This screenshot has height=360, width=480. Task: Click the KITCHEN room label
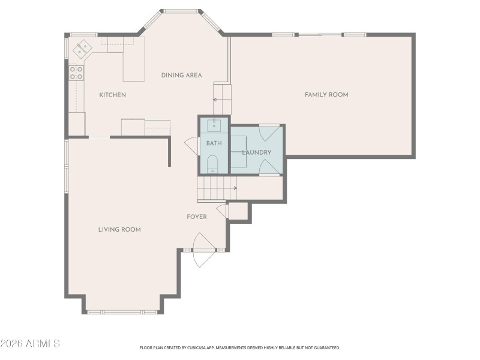coord(112,95)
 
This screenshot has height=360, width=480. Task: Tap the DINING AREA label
coord(181,75)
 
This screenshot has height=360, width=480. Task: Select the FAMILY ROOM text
coord(326,94)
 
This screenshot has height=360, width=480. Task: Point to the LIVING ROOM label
coord(119,229)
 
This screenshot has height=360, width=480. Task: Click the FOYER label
coord(197,217)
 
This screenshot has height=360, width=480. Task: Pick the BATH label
coord(214,143)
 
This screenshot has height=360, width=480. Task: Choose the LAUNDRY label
coord(257,152)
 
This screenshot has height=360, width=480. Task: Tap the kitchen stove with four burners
coord(76,73)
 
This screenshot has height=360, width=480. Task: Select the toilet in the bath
coord(212,163)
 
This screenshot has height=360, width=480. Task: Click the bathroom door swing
coord(191,145)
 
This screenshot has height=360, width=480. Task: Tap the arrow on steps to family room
coord(217,100)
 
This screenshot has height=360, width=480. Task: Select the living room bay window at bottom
coord(122,311)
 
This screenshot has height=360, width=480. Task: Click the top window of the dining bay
coord(182,11)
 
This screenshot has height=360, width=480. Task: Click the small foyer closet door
coord(223,211)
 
